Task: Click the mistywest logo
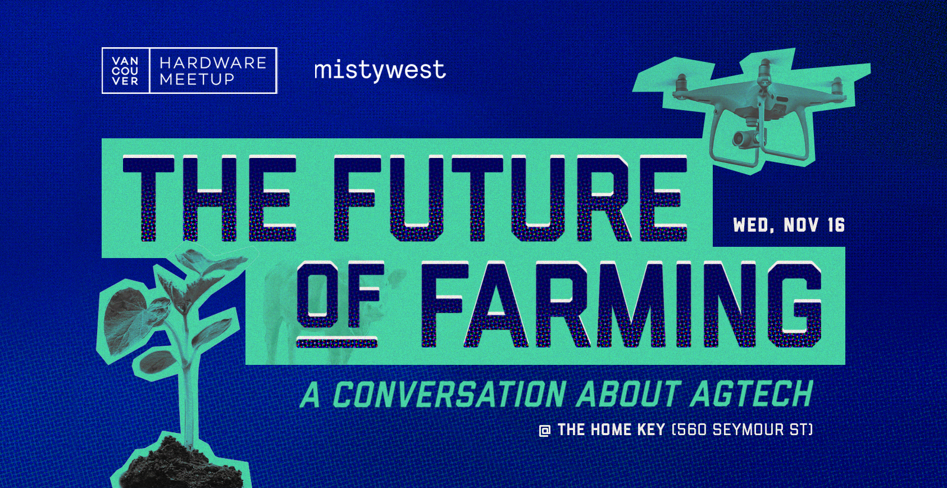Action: click(x=380, y=70)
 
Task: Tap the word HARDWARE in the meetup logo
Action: click(x=213, y=63)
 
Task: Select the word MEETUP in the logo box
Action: click(x=197, y=79)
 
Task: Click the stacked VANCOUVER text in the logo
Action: click(x=125, y=71)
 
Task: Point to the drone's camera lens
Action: click(x=740, y=138)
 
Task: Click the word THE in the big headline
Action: click(x=210, y=198)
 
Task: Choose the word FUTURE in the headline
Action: click(x=510, y=198)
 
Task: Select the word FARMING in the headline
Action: click(x=621, y=305)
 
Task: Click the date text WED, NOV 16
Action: click(x=789, y=225)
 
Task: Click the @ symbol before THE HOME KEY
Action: click(x=544, y=431)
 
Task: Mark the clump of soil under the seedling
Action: click(x=182, y=466)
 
